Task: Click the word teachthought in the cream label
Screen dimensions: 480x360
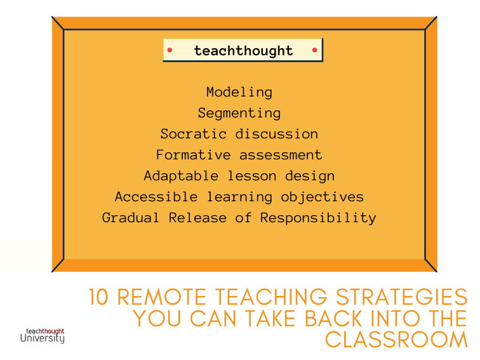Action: click(x=244, y=51)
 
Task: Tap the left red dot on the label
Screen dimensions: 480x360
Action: click(x=170, y=50)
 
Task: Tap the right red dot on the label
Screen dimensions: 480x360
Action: click(x=314, y=50)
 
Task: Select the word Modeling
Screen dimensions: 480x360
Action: click(x=239, y=92)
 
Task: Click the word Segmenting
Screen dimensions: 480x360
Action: click(x=239, y=113)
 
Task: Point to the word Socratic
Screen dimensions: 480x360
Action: click(x=194, y=134)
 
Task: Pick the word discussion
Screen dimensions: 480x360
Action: click(x=277, y=134)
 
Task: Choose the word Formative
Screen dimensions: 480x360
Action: click(x=194, y=154)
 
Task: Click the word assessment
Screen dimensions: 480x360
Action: click(x=281, y=155)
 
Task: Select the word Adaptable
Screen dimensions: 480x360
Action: click(x=181, y=176)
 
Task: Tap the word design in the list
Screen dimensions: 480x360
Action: click(x=310, y=176)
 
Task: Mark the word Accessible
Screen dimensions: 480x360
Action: click(x=156, y=197)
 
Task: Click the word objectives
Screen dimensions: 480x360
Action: click(x=323, y=197)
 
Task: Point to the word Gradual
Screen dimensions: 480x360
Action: click(x=131, y=218)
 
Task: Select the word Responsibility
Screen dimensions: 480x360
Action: click(x=318, y=218)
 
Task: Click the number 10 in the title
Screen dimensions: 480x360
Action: click(x=98, y=297)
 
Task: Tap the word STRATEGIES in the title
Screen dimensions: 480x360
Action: click(x=402, y=297)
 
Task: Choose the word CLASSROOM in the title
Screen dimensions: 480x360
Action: click(x=397, y=340)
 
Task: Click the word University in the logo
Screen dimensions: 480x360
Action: click(x=43, y=338)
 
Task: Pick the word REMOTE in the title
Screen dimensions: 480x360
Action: click(x=162, y=297)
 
